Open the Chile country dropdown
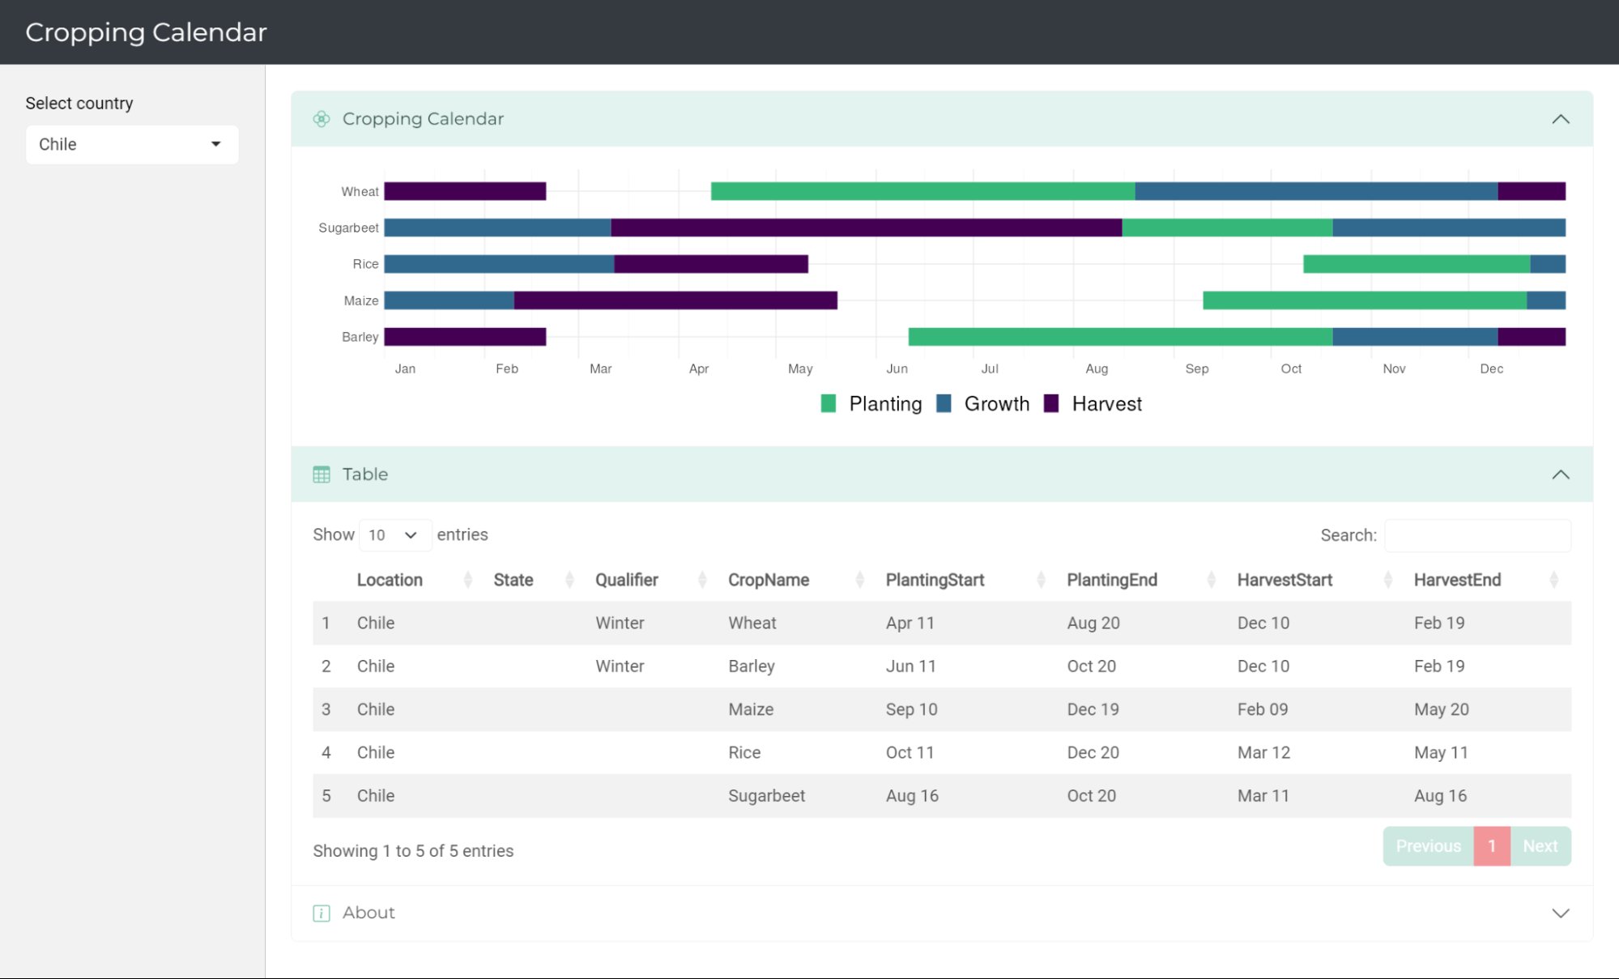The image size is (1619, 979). [132, 145]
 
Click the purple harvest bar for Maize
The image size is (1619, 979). [675, 300]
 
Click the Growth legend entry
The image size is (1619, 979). [983, 404]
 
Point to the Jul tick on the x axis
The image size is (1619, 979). [989, 369]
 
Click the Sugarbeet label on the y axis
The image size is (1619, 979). [348, 228]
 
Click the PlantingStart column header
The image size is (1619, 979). [935, 581]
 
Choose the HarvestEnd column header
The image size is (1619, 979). [1457, 581]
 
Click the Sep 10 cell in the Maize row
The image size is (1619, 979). [911, 709]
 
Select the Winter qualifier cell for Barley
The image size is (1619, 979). [620, 666]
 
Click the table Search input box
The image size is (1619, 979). [1477, 536]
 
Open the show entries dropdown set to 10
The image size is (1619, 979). [394, 535]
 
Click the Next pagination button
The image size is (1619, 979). [1540, 846]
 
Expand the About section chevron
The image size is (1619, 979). [1560, 913]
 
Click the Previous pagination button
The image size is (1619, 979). [1428, 846]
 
